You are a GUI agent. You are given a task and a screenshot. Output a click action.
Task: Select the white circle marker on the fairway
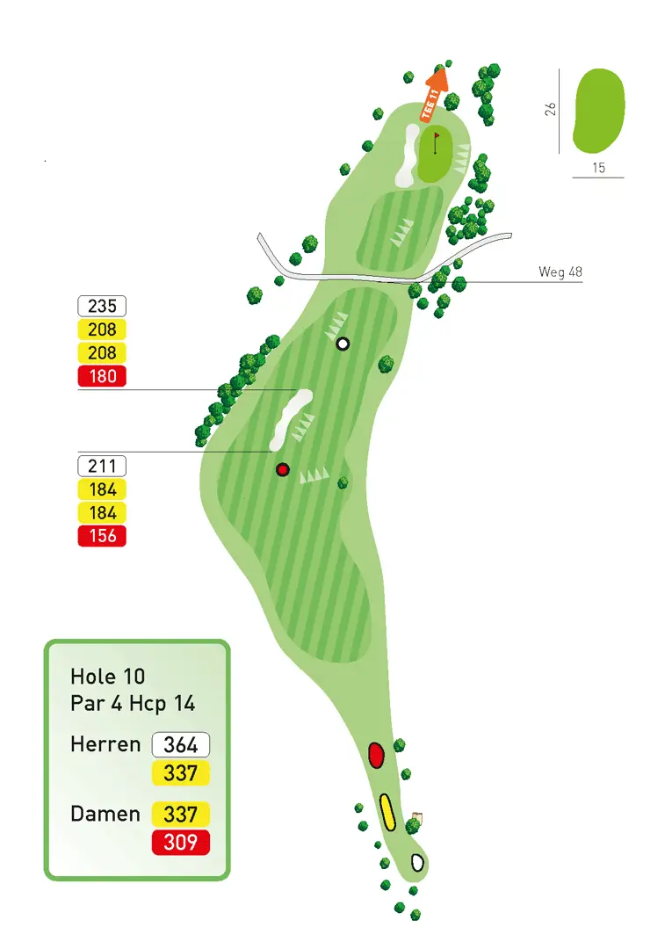343,344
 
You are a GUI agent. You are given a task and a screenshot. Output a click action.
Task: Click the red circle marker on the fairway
283,469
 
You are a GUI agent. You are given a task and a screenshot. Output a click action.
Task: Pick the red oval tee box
376,755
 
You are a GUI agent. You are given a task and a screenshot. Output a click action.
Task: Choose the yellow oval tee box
387,812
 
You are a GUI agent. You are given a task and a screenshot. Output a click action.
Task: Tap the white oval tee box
418,862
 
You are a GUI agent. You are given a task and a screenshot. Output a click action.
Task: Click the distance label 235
103,306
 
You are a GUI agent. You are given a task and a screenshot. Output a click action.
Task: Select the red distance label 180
103,377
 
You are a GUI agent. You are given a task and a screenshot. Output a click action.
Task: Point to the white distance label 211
103,466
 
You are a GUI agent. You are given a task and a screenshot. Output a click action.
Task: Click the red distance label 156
103,535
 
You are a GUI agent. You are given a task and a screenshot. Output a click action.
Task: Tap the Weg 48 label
560,272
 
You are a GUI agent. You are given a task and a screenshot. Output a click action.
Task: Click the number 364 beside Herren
181,745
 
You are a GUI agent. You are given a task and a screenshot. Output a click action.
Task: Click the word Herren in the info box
105,745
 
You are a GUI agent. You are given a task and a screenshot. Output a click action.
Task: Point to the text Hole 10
108,677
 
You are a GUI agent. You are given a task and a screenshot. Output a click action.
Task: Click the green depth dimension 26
550,110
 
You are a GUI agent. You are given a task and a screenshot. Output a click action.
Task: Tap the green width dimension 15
598,168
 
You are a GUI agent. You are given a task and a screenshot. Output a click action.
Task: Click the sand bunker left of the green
408,154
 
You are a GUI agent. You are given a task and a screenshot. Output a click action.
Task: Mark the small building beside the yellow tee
417,818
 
